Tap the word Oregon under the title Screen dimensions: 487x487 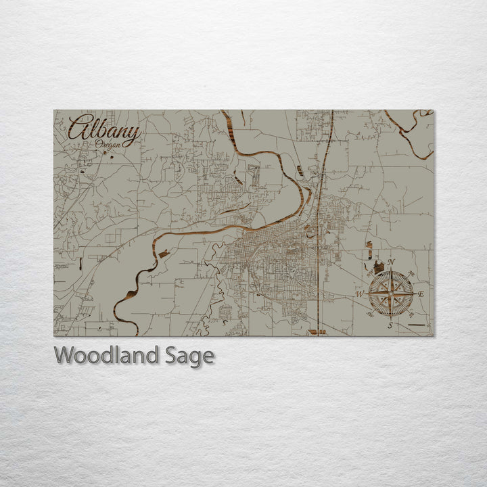click(109, 145)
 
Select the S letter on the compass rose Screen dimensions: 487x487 click(390, 325)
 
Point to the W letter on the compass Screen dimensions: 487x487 click(359, 294)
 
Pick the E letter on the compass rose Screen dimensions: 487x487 click(421, 294)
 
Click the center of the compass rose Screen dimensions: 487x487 click(390, 294)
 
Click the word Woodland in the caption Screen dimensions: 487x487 click(108, 355)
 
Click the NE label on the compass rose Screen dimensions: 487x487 click(413, 273)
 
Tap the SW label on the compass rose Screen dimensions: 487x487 click(369, 315)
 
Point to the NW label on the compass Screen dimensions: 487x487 click(369, 273)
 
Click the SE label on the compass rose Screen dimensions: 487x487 click(412, 315)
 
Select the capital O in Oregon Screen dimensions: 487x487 click(99, 144)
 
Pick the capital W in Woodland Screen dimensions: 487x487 click(65, 355)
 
